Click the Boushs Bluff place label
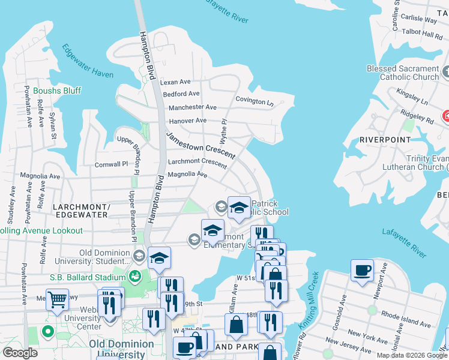point(57,91)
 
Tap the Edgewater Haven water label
point(88,61)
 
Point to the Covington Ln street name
point(254,100)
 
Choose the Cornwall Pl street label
point(111,164)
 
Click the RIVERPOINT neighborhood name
point(385,139)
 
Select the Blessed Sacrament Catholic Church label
point(403,73)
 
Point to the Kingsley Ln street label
point(412,97)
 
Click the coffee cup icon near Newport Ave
point(363,271)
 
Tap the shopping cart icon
point(57,299)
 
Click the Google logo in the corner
point(20,353)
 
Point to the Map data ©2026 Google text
point(411,355)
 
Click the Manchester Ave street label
point(192,107)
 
